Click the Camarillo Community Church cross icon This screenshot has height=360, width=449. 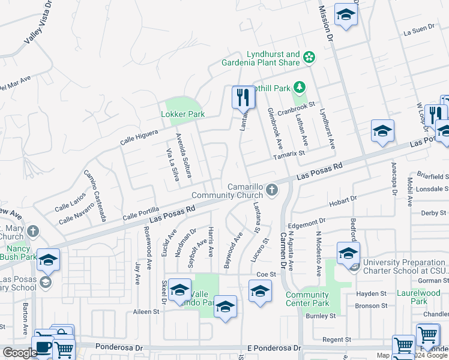[x=272, y=190]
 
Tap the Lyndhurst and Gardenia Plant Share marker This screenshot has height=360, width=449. [x=309, y=58]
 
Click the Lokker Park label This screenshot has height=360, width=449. [x=183, y=114]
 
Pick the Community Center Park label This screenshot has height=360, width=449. [x=307, y=299]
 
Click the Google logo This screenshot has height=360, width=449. [x=20, y=353]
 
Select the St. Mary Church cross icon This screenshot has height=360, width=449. [x=33, y=231]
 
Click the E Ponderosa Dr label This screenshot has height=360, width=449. [x=272, y=348]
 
